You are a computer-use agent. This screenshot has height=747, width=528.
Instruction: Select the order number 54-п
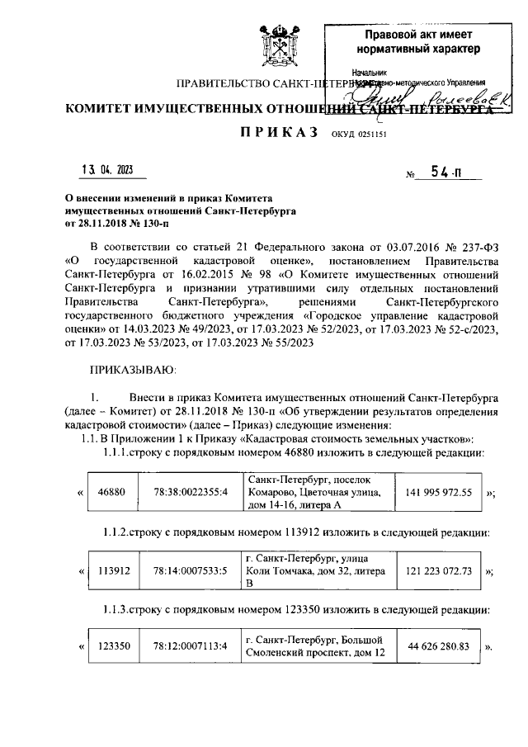(x=445, y=173)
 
